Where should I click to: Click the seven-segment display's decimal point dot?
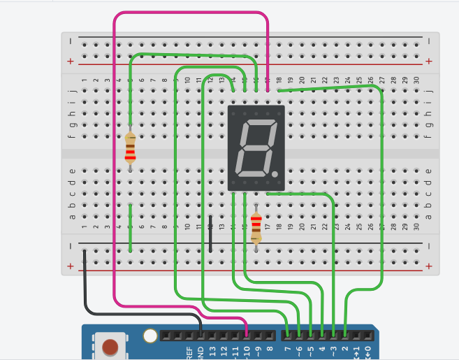(x=276, y=173)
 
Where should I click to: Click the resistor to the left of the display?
(x=130, y=148)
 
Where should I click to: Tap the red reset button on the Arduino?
(x=110, y=347)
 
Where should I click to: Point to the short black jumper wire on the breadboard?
(x=210, y=233)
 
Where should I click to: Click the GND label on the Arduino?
(x=200, y=352)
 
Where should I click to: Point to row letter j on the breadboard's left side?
(x=73, y=90)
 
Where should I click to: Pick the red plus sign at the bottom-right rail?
(x=428, y=266)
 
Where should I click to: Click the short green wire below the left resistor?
(x=131, y=227)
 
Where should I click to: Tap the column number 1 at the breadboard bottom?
(x=85, y=226)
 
